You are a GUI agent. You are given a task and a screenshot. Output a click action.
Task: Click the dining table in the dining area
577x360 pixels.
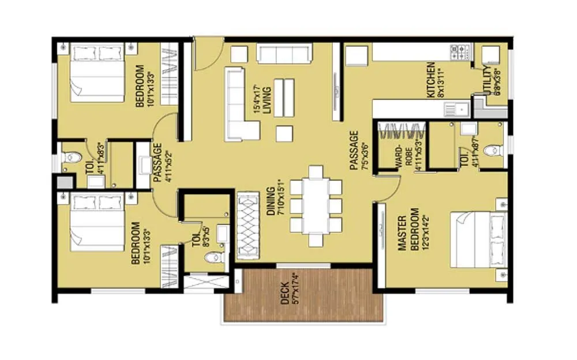click(316, 206)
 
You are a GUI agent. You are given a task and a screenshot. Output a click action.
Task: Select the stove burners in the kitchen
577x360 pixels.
click(460, 52)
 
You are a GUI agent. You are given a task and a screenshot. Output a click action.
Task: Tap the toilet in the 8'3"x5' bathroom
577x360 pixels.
click(214, 257)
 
